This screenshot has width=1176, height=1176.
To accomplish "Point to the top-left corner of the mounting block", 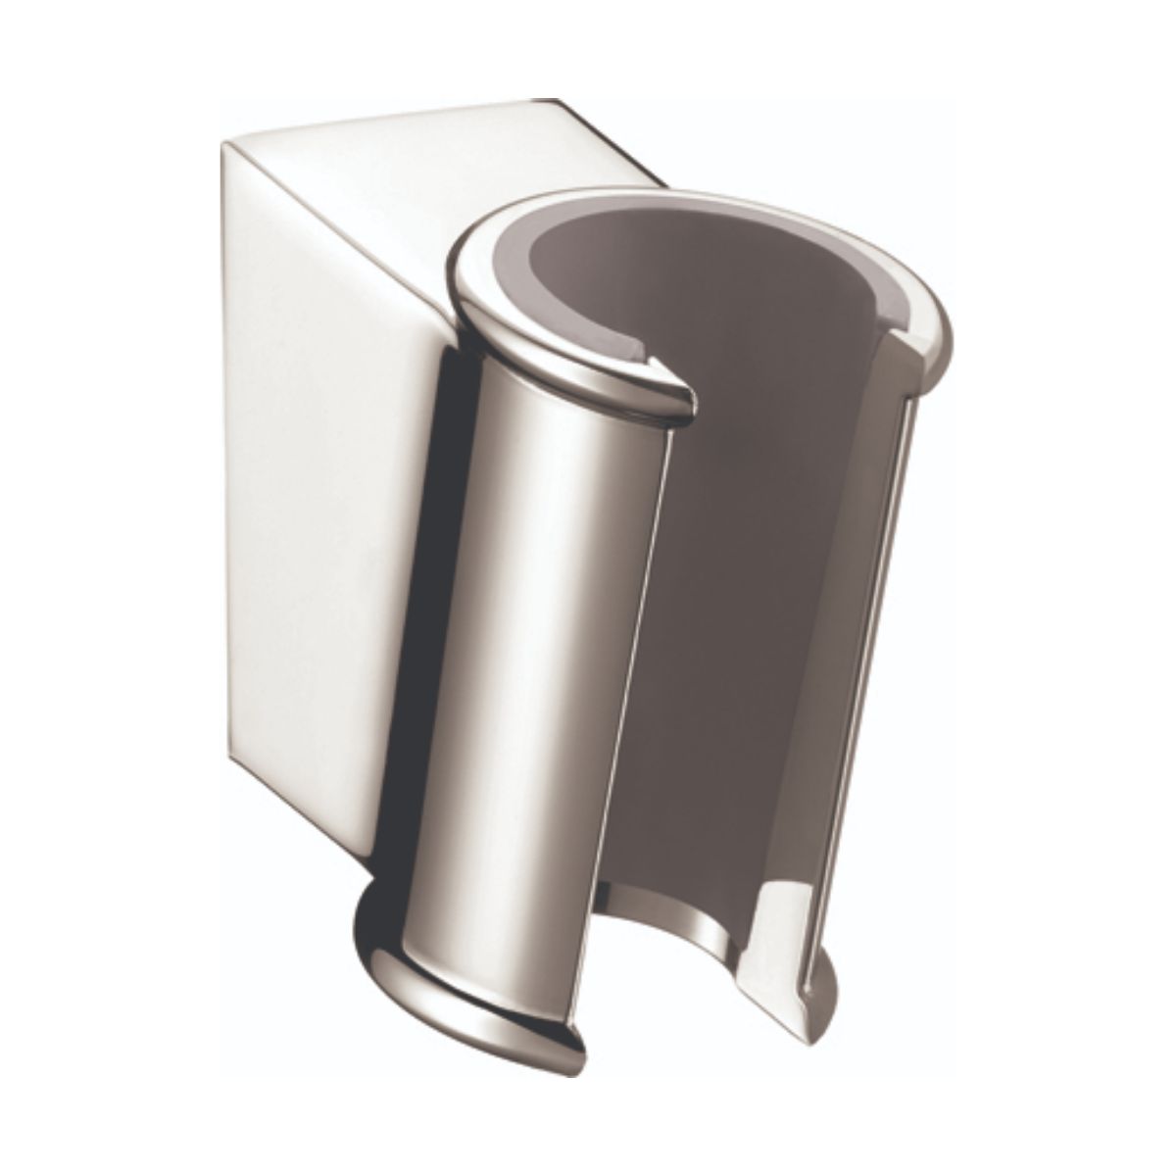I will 223,144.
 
